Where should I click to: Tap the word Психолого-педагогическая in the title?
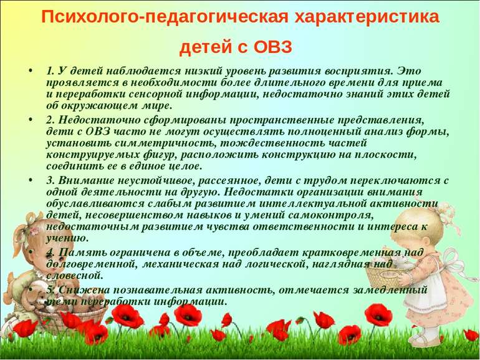(165, 17)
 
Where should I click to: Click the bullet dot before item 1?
(30, 71)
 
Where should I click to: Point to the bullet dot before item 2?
(30, 120)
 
